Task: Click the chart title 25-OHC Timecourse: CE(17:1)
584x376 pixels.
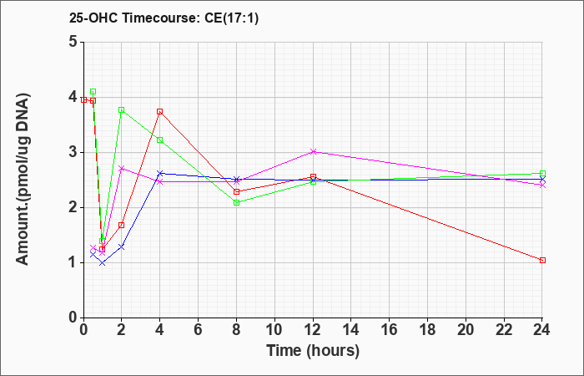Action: pyautogui.click(x=164, y=18)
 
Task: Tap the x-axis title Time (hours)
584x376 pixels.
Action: pyautogui.click(x=313, y=351)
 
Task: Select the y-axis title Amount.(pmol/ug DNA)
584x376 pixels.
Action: pyautogui.click(x=23, y=180)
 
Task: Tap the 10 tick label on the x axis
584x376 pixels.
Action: pyautogui.click(x=274, y=330)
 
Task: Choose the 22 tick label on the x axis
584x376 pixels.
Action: pyautogui.click(x=504, y=330)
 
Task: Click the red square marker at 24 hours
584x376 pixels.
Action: pyautogui.click(x=542, y=261)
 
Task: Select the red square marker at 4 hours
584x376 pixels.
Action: pyautogui.click(x=160, y=111)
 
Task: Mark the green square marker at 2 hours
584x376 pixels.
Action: pyautogui.click(x=122, y=109)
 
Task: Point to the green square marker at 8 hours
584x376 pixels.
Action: pyautogui.click(x=236, y=202)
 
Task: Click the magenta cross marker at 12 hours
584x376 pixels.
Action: pyautogui.click(x=313, y=151)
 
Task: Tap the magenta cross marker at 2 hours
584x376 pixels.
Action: pyautogui.click(x=122, y=168)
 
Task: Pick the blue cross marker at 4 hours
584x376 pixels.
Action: pyautogui.click(x=160, y=173)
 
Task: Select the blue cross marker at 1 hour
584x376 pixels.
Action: pyautogui.click(x=103, y=262)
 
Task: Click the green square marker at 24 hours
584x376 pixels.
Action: pyautogui.click(x=542, y=174)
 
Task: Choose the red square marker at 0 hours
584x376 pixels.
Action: pyautogui.click(x=83, y=100)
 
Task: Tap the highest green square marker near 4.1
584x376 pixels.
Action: pyautogui.click(x=93, y=92)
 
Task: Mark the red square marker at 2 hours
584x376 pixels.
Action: pyautogui.click(x=122, y=225)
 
